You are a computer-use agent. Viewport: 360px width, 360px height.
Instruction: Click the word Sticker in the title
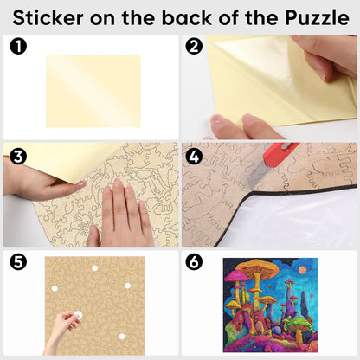pyautogui.click(x=48, y=18)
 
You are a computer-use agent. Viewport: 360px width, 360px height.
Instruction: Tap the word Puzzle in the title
pyautogui.click(x=317, y=18)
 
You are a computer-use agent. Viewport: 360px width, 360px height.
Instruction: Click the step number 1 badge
pyautogui.click(x=18, y=47)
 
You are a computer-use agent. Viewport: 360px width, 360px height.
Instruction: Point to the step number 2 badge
pyautogui.click(x=194, y=47)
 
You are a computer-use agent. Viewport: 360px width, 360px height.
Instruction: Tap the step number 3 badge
pyautogui.click(x=18, y=157)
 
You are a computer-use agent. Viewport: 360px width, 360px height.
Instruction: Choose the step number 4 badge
pyautogui.click(x=194, y=157)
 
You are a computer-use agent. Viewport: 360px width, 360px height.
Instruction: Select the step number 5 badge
pyautogui.click(x=18, y=262)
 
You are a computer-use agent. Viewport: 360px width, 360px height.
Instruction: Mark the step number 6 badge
pyautogui.click(x=194, y=262)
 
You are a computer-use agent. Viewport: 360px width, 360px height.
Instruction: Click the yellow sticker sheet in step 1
pyautogui.click(x=93, y=91)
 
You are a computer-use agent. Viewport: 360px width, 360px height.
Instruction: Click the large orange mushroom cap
pyautogui.click(x=259, y=267)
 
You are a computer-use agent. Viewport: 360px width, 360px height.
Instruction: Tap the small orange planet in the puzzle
pyautogui.click(x=303, y=270)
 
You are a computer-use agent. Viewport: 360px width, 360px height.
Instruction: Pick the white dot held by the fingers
pyautogui.click(x=78, y=315)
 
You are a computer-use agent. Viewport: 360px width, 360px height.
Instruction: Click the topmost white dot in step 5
pyautogui.click(x=94, y=268)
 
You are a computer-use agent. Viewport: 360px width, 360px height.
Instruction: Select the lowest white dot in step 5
pyautogui.click(x=122, y=337)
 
